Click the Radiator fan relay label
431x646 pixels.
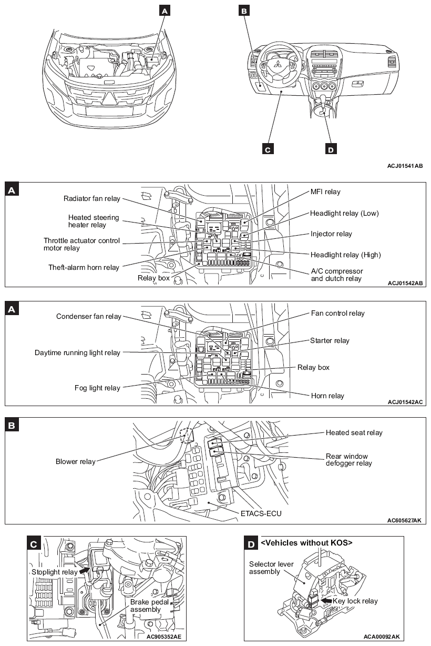tap(91, 198)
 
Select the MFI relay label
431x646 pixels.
tap(325, 192)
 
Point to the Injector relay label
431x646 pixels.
tap(331, 234)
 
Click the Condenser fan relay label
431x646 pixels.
tap(88, 316)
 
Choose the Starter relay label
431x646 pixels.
tap(330, 340)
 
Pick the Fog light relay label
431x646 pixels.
tap(97, 388)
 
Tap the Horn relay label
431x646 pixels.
tap(327, 396)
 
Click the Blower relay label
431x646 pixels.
tap(76, 461)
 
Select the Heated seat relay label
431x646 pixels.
tap(354, 432)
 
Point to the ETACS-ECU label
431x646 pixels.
tap(261, 512)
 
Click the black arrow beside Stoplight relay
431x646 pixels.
tap(84, 570)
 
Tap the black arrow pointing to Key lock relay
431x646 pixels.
tap(326, 600)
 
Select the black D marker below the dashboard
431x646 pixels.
tap(330, 149)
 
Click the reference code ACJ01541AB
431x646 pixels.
tap(405, 166)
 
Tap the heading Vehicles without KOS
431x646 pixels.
tap(306, 542)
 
